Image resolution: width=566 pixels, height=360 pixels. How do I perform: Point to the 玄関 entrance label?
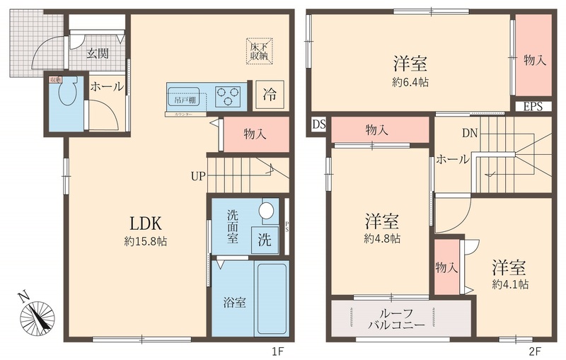98,54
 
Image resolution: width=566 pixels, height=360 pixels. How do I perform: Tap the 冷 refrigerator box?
270,93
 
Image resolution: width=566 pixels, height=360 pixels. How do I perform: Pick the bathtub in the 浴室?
271,298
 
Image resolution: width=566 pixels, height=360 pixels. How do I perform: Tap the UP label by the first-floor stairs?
197,175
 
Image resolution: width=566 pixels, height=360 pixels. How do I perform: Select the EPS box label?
533,108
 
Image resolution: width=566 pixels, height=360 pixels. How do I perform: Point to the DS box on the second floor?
318,125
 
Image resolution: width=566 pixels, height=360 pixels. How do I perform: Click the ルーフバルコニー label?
396,319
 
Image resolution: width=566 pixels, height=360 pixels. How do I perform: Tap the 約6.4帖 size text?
410,81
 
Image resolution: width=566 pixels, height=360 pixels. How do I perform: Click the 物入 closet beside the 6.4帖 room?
534,61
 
